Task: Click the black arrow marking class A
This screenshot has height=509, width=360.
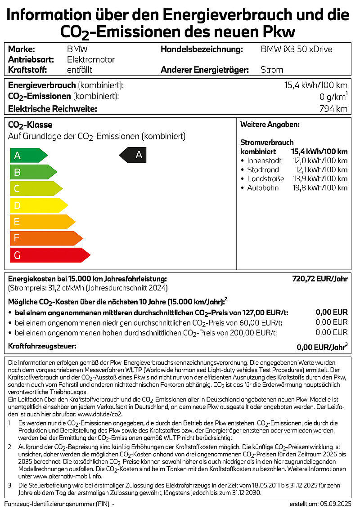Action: (x=133, y=155)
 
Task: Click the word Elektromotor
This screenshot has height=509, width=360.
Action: (x=91, y=59)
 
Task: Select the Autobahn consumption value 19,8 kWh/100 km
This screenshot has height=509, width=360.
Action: (x=320, y=188)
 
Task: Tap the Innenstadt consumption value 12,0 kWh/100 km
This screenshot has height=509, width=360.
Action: (x=320, y=161)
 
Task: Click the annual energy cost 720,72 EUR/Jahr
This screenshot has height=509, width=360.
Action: (x=320, y=279)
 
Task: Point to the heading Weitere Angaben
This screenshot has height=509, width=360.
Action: (x=270, y=125)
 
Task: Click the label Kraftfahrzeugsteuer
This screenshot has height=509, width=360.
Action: (x=42, y=346)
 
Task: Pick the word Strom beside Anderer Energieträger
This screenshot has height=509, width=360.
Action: (x=272, y=70)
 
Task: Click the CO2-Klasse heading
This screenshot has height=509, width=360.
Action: (x=30, y=125)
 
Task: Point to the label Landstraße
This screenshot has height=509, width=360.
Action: (x=265, y=179)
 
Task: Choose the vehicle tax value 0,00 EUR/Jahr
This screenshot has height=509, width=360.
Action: (x=322, y=347)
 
